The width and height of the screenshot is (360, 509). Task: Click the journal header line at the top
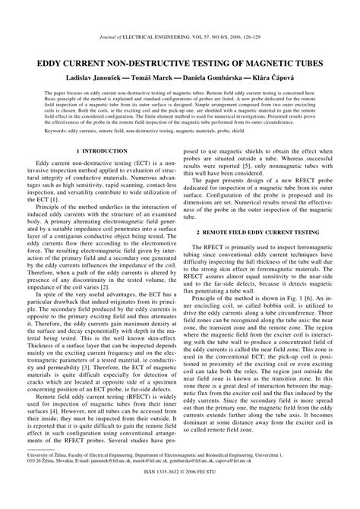click(x=180, y=36)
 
